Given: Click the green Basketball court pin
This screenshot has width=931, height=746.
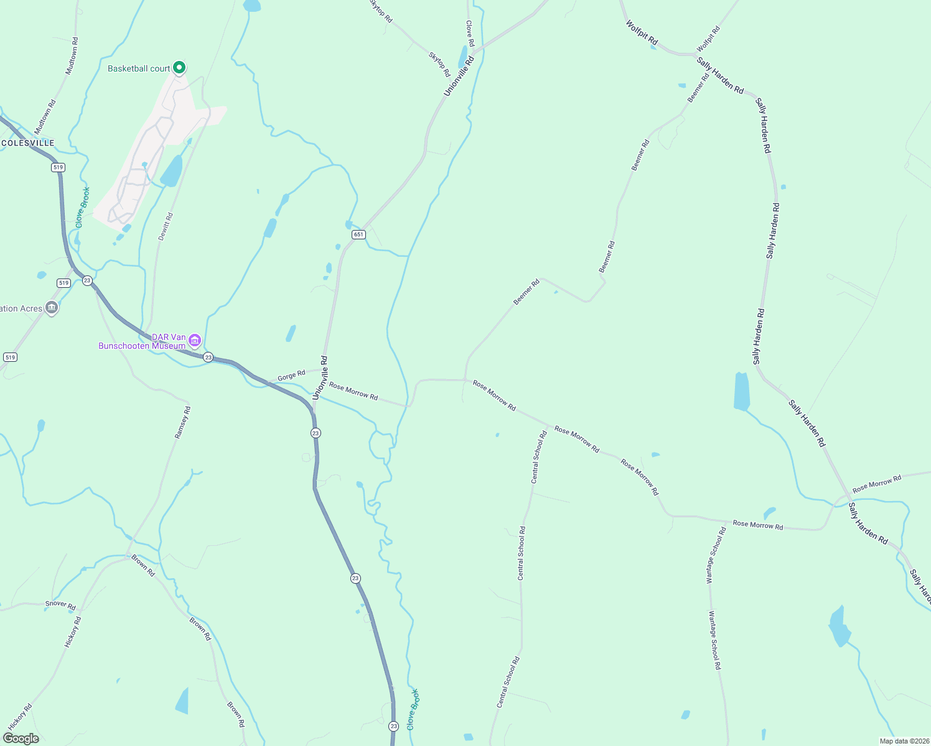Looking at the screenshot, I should tap(179, 67).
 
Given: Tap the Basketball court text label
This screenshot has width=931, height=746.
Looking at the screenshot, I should tap(139, 68).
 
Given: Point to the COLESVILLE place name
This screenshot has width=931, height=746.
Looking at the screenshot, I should tap(28, 143).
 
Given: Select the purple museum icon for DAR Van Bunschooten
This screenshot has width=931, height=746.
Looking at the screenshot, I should tap(195, 340).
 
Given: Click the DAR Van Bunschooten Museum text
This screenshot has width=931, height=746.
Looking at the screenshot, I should tap(143, 342).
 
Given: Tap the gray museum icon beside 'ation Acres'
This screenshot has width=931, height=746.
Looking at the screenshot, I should tap(52, 307).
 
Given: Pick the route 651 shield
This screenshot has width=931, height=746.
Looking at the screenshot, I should tap(358, 234).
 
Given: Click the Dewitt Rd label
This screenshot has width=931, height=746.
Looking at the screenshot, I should tap(166, 226).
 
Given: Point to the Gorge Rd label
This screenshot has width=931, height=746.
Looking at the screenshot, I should tap(291, 375).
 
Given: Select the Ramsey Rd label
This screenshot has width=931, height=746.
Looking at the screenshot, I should tap(182, 423).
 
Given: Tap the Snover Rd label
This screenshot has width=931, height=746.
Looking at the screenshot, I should tap(60, 605).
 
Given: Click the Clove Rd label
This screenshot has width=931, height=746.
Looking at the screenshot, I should tap(470, 34).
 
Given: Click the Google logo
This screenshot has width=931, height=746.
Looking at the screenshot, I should tap(21, 739).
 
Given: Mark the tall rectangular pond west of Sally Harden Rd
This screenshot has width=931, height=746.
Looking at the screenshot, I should tap(741, 392).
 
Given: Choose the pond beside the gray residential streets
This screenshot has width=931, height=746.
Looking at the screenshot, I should tap(172, 172).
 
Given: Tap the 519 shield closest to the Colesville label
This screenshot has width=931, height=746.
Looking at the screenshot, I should tap(58, 167).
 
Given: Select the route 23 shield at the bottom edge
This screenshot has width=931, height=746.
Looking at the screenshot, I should tap(393, 726).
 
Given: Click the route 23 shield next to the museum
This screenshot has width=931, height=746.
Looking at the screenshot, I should tap(208, 357).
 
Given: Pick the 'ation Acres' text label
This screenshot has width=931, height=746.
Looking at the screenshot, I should tap(21, 308).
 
